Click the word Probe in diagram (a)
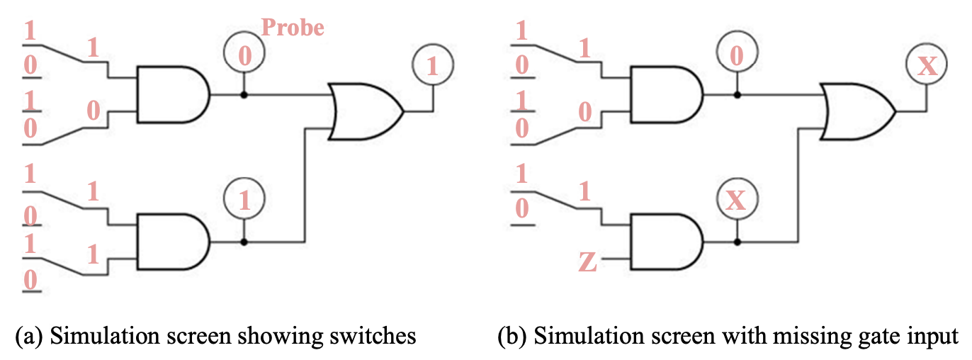(292, 28)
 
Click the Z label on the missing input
(587, 263)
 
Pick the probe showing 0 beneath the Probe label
(244, 54)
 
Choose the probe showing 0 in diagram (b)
(737, 54)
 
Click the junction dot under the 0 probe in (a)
(244, 94)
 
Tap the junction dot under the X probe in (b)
(737, 242)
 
